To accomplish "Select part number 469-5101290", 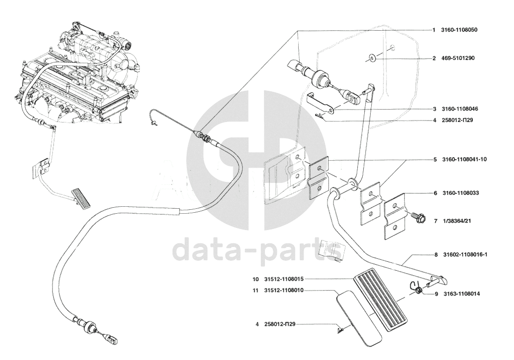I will pyautogui.click(x=457, y=58).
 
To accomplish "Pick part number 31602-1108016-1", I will pyautogui.click(x=465, y=255).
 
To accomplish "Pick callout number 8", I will pyautogui.click(x=436, y=255).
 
